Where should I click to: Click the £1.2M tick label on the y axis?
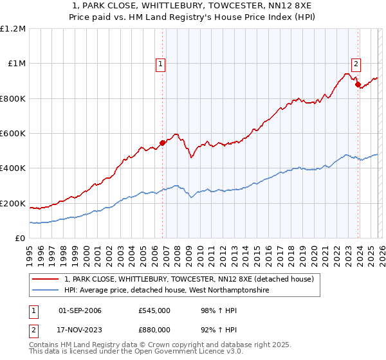pyautogui.click(x=13, y=29)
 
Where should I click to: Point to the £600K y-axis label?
pyautogui.click(x=13, y=134)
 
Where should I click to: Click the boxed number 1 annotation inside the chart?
pyautogui.click(x=160, y=64)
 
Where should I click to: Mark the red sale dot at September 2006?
pyautogui.click(x=162, y=143)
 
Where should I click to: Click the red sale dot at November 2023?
pyautogui.click(x=358, y=85)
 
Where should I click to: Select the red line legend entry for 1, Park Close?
pyautogui.click(x=188, y=279)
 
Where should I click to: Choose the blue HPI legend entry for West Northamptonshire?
pyautogui.click(x=166, y=291)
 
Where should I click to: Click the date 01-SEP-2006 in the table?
pyautogui.click(x=80, y=310)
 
